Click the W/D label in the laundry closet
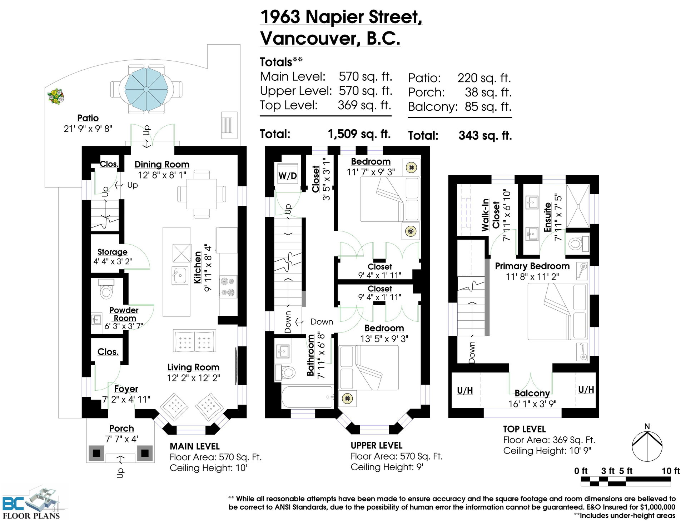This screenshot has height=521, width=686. point(287,175)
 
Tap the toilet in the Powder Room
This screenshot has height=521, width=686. point(106,289)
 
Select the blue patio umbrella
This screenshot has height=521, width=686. point(146,89)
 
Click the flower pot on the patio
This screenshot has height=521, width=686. point(56,97)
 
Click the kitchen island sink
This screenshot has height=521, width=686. point(180,275)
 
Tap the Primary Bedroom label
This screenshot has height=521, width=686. point(532,266)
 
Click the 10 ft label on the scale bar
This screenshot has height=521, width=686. point(671,471)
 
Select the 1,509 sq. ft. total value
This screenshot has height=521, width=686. point(359,134)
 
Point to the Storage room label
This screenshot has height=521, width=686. point(112,252)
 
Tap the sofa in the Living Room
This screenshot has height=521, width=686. point(195,341)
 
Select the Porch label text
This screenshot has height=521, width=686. point(121,428)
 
